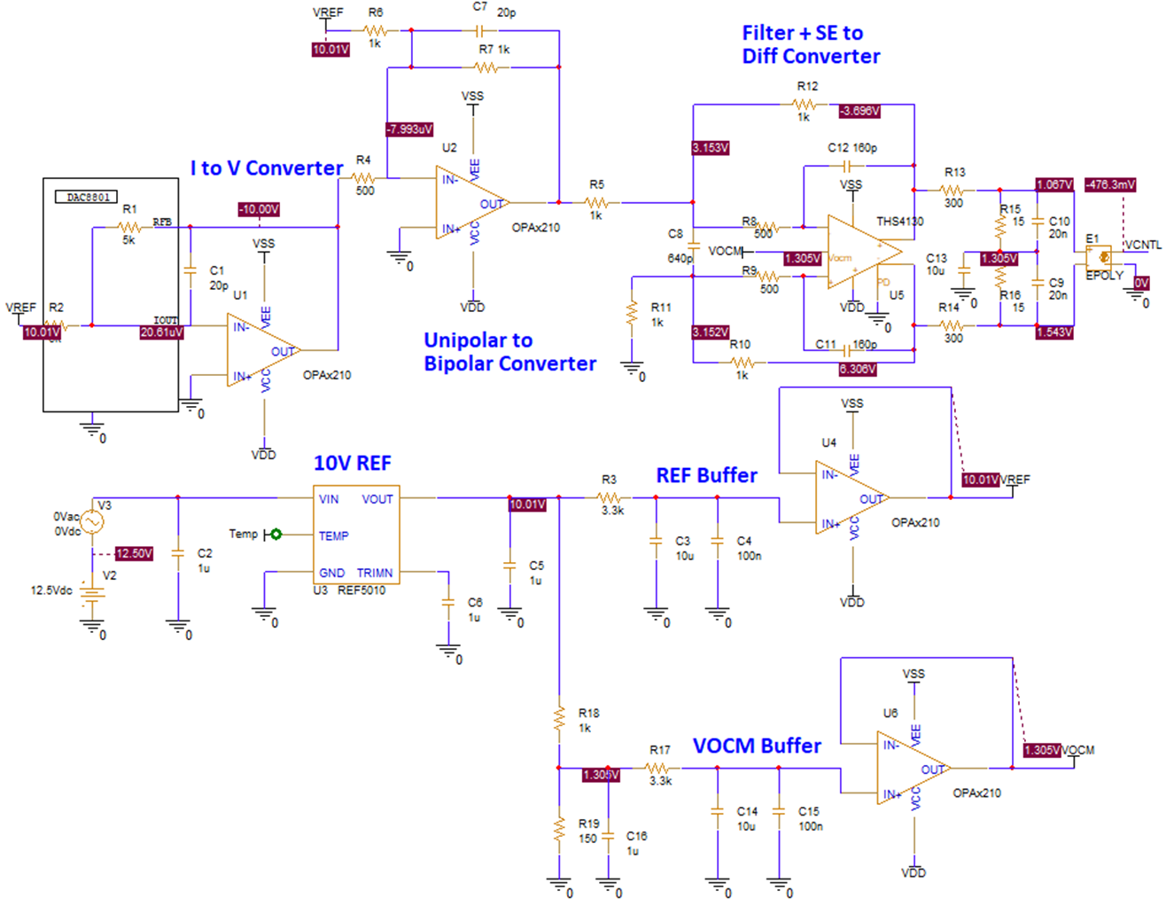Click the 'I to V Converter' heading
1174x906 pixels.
coord(267,168)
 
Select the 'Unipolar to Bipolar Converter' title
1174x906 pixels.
coord(509,352)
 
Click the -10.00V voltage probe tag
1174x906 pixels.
coord(259,209)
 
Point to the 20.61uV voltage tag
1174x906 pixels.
coord(161,332)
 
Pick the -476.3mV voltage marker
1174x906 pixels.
coord(1109,184)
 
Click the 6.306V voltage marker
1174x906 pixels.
coord(858,369)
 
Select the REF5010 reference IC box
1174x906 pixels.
coord(356,535)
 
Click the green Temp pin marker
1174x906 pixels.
coord(276,534)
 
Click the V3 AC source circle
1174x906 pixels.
coord(92,521)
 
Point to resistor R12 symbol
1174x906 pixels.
coord(805,105)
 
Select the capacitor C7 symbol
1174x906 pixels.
coord(479,30)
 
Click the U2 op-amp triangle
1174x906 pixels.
coord(470,203)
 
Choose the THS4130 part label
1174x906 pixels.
coord(899,222)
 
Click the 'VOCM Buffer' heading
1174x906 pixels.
coord(757,746)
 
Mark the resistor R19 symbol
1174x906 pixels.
coord(559,830)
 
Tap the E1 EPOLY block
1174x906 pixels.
coord(1100,257)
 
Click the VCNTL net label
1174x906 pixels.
coord(1143,245)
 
